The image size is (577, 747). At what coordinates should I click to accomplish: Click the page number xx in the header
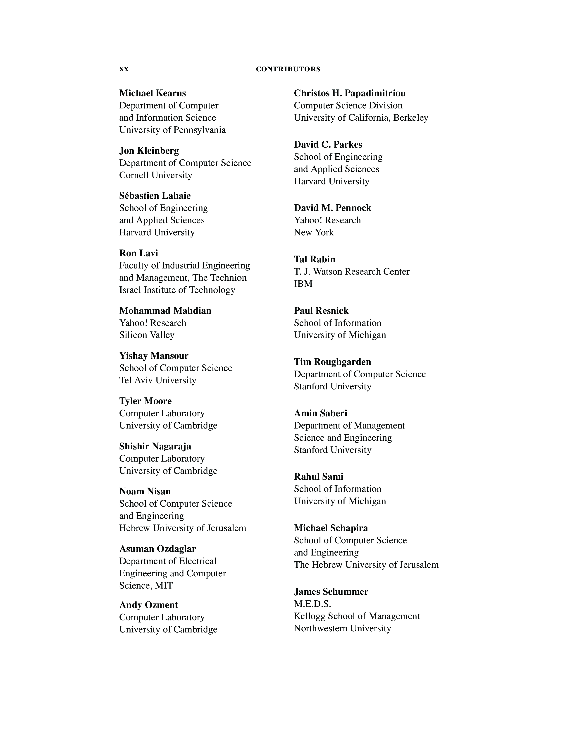coord(124,69)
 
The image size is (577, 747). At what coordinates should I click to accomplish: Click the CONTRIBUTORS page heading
coord(288,69)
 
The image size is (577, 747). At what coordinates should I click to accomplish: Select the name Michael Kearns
coord(153,93)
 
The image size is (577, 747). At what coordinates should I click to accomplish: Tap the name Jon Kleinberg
coord(149,151)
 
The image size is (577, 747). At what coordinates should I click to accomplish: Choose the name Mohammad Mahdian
coord(165,311)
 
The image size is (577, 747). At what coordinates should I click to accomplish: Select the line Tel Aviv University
coord(157,380)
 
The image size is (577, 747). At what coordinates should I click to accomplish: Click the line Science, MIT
coord(146,586)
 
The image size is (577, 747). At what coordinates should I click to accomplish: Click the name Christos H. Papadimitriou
coord(350,93)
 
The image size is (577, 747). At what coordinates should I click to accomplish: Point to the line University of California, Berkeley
coord(361,118)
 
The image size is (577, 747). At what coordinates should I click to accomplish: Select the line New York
coord(313,232)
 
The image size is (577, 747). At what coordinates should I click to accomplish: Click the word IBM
coord(303,284)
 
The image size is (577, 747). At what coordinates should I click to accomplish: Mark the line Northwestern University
coord(342,628)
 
